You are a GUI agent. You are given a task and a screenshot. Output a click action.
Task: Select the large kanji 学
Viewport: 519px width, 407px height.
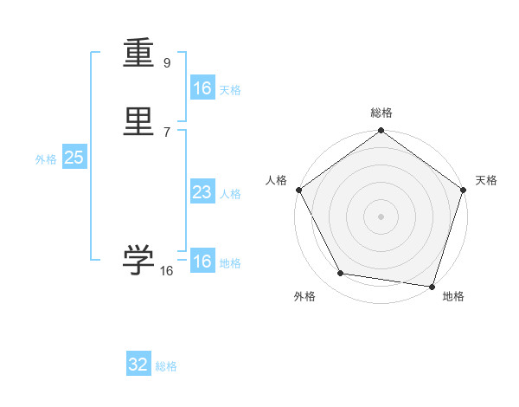click(139, 260)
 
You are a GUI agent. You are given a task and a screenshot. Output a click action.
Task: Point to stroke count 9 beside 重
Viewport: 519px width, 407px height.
click(167, 62)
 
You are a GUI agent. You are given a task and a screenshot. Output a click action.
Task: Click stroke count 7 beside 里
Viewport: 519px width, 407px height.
click(167, 132)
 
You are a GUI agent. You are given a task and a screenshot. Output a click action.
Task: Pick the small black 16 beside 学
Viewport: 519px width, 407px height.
click(167, 271)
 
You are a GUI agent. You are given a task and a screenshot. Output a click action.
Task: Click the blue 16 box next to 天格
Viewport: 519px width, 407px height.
click(202, 88)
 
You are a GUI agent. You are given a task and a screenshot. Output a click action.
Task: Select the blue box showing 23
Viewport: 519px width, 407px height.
click(202, 192)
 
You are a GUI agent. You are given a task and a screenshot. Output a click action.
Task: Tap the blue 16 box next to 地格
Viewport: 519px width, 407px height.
click(202, 262)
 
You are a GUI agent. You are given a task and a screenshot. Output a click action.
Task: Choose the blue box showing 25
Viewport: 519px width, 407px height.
click(74, 158)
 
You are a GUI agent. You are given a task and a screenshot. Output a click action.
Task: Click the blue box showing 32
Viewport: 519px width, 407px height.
click(138, 365)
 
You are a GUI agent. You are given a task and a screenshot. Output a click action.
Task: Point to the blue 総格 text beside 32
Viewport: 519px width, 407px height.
click(166, 366)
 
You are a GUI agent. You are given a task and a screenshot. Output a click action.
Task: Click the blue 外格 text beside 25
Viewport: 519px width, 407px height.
click(45, 159)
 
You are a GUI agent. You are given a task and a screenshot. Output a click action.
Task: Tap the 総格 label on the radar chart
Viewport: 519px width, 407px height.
click(381, 113)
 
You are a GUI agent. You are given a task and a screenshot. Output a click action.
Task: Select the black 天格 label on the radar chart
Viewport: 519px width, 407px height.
click(486, 180)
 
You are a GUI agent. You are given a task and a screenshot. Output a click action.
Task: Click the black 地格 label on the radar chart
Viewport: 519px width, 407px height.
click(453, 296)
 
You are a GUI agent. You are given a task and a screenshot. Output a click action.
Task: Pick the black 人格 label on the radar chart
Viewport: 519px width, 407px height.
click(276, 180)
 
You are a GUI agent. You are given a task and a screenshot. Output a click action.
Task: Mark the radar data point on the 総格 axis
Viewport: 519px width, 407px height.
click(381, 132)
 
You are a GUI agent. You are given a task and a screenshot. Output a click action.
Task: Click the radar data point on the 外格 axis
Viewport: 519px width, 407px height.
click(341, 274)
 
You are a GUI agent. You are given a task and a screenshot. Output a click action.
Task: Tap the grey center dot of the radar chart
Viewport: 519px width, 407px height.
click(381, 216)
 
